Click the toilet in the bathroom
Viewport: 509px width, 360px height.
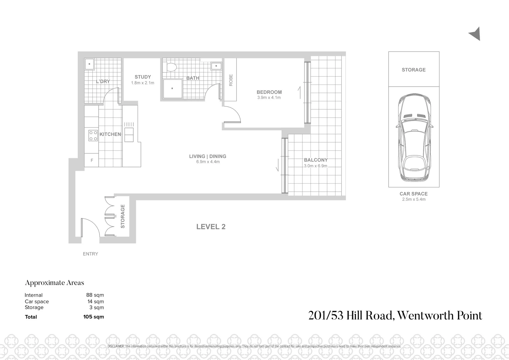coord(171,67)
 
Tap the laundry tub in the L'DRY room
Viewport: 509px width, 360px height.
coord(89,64)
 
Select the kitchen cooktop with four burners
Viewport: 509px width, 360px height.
coord(93,135)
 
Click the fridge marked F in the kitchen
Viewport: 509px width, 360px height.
coord(92,160)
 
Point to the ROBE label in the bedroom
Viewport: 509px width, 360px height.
coord(231,80)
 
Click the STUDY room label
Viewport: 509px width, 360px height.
coord(143,77)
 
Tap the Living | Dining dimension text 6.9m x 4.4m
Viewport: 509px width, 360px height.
coord(208,162)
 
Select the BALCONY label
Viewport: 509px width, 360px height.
coord(315,160)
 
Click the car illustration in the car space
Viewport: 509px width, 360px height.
coord(414,137)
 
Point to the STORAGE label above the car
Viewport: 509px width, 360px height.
coord(413,70)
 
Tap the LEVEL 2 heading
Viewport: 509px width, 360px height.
coord(211,227)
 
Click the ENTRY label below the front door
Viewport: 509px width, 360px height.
coord(90,254)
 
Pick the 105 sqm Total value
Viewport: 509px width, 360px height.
coord(94,317)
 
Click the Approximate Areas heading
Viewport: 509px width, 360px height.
coord(55,283)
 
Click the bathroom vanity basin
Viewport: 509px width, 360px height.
coord(216,66)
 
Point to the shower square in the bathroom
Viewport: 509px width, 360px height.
coord(173,89)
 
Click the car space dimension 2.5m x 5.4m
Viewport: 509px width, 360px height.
coord(413,199)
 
